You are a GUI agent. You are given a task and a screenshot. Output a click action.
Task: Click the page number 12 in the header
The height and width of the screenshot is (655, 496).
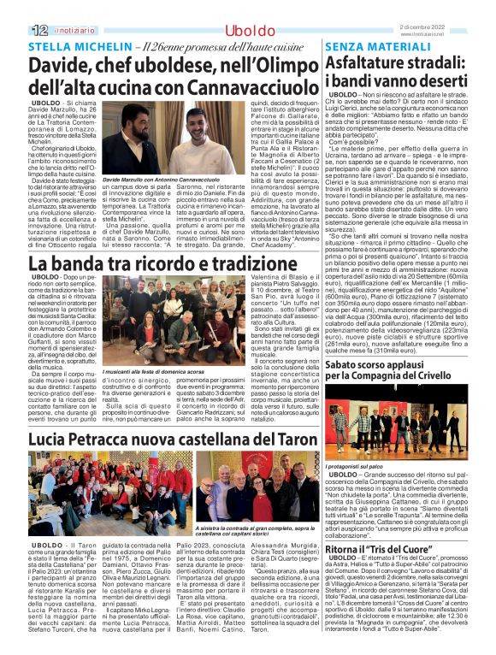coord(15,30)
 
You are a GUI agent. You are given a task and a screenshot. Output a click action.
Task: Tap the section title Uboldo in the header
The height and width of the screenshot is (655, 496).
coord(250,30)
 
